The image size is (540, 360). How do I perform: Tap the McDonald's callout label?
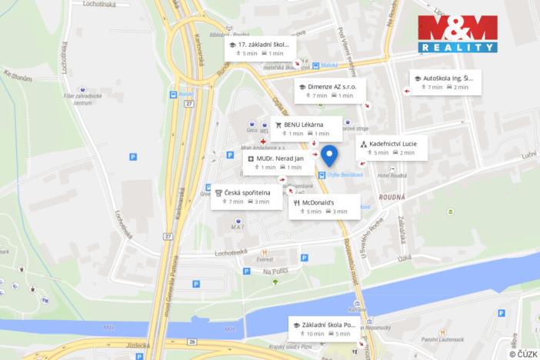pyautogui.click(x=324, y=206)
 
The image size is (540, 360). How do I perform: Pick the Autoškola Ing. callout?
pyautogui.click(x=446, y=82)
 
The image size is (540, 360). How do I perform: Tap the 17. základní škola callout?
pyautogui.click(x=260, y=48)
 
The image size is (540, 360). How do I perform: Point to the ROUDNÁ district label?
pyautogui.click(x=392, y=197)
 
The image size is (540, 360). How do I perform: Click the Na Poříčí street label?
pyautogui.click(x=275, y=272)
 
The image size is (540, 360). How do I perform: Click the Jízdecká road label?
pyautogui.click(x=133, y=346)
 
